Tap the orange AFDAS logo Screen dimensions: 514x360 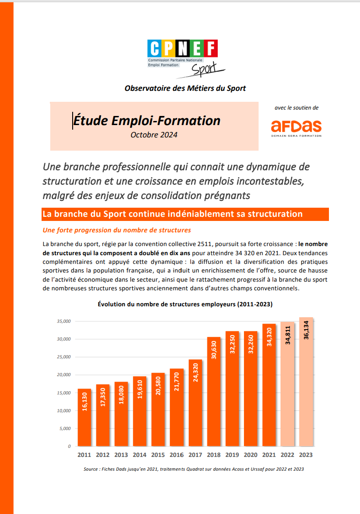296,126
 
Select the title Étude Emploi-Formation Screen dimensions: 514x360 147,121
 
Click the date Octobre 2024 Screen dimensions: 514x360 154,135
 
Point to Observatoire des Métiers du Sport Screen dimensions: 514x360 185,88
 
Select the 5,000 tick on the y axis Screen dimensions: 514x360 64,428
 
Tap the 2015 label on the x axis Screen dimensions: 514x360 158,455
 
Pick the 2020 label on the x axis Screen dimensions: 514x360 250,455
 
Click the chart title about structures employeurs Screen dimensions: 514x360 185,304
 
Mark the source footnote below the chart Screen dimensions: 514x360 194,469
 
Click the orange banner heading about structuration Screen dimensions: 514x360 172,214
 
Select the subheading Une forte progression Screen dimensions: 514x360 116,230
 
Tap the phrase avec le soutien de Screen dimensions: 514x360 296,108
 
